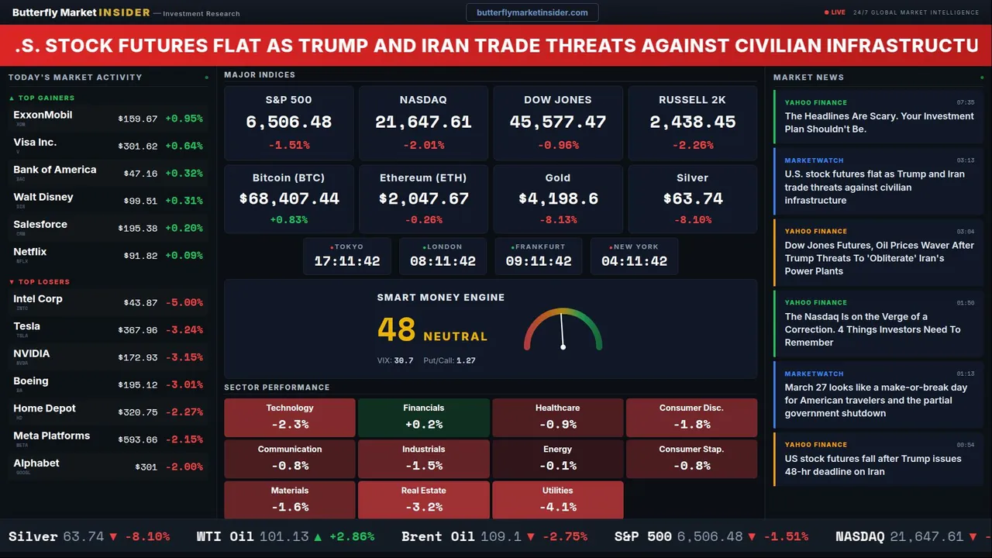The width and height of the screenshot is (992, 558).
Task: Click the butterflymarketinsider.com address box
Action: tap(532, 12)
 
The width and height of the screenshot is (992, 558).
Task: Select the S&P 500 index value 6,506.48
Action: tap(288, 122)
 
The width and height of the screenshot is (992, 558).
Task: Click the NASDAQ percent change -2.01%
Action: tap(423, 145)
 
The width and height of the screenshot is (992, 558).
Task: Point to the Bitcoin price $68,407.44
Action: tap(289, 199)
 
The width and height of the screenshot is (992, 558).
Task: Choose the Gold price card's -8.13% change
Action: tap(558, 220)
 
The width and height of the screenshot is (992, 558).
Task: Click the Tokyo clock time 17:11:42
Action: tap(347, 262)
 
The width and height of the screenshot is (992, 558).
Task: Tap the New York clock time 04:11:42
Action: tap(634, 262)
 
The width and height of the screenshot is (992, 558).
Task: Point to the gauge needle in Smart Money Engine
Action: tap(562, 329)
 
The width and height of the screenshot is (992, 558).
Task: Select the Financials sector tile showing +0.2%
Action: tap(424, 418)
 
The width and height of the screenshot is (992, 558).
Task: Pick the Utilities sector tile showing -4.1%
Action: tap(558, 500)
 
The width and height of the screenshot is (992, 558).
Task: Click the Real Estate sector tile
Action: tap(424, 500)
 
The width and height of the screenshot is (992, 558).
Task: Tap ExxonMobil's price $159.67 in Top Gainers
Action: tap(138, 119)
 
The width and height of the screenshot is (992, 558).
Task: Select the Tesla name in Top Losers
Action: tap(27, 326)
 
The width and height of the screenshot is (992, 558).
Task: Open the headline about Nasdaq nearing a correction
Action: tap(873, 329)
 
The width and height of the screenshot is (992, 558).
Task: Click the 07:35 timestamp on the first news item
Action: tap(966, 102)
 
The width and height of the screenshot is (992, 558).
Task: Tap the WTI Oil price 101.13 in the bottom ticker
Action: tap(284, 536)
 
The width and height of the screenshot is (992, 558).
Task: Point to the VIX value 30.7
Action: tap(404, 360)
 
